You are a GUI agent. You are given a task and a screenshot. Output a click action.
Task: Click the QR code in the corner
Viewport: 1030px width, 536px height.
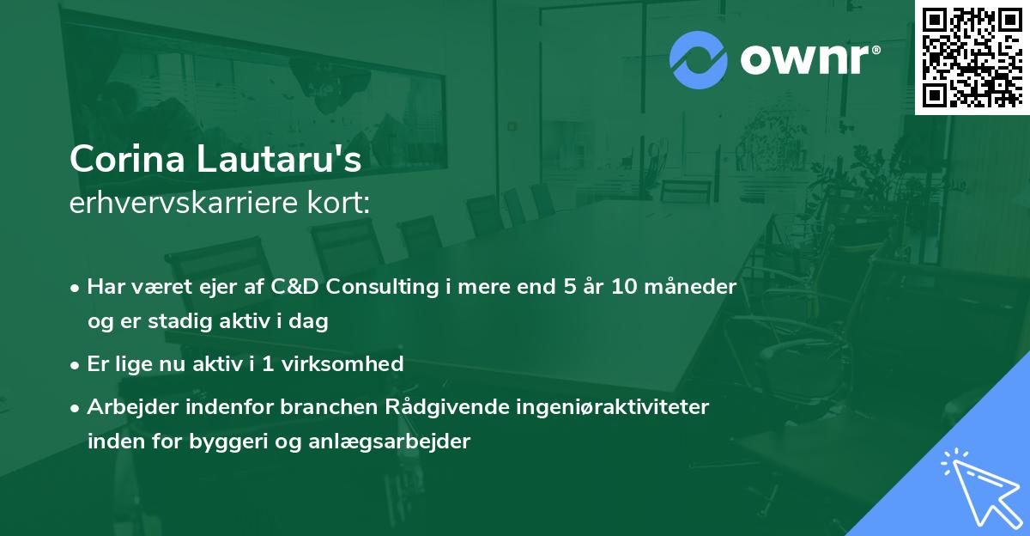click(x=971, y=56)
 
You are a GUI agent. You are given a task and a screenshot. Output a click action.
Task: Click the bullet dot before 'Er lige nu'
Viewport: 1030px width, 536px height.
click(x=76, y=364)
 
